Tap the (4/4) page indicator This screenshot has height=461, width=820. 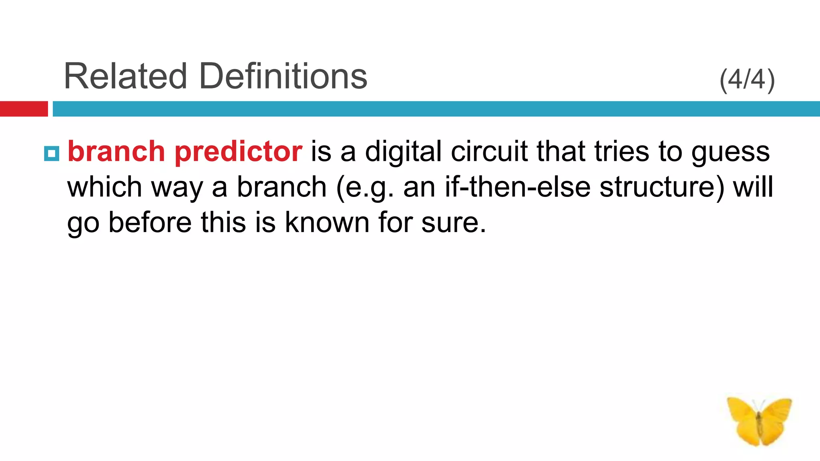[x=747, y=80]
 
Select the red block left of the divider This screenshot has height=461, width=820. [x=24, y=109]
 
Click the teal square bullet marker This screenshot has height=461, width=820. [x=52, y=153]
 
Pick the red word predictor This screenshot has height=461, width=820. [x=238, y=152]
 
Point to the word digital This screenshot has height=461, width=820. [x=403, y=152]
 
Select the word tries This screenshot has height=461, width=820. [x=621, y=152]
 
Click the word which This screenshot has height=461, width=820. [x=105, y=187]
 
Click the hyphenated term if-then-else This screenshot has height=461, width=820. [x=517, y=187]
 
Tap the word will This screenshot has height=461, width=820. [x=753, y=187]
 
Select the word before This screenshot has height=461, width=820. [x=150, y=222]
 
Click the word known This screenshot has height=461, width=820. [x=327, y=222]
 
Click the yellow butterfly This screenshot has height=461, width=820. [x=759, y=421]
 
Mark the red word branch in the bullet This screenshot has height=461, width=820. [x=116, y=152]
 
